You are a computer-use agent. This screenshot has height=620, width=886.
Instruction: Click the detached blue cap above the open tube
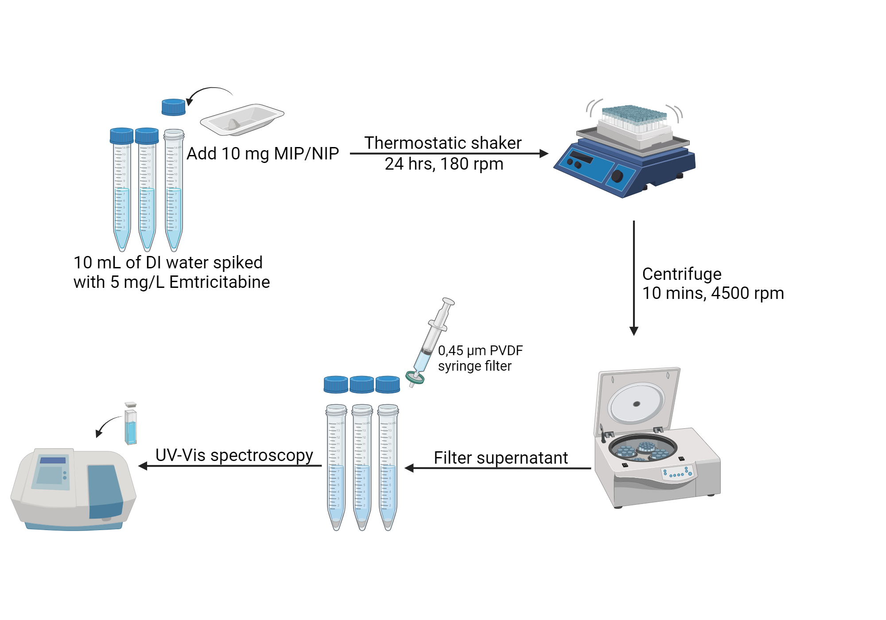pos(173,107)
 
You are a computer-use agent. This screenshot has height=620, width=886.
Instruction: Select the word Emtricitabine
pos(219,282)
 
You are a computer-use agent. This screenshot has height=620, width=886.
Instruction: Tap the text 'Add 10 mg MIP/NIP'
pos(262,154)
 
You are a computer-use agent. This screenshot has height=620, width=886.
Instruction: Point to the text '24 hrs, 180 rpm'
pos(444,164)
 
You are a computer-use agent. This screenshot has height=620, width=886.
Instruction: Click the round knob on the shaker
pos(617,176)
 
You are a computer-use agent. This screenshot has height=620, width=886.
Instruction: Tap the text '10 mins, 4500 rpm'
pos(713,293)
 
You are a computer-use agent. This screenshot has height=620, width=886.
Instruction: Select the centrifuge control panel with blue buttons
pos(678,473)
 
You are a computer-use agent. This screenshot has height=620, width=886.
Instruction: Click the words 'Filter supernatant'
pos(501,458)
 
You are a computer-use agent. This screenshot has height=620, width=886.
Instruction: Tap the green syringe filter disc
pos(415,378)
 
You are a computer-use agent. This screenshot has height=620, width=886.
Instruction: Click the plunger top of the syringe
pos(448,301)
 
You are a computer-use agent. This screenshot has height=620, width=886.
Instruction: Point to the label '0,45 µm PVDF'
pos(480,351)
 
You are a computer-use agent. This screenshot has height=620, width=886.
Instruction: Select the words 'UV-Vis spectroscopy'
pos(234,455)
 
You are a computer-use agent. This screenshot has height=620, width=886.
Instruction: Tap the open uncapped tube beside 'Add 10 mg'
pos(174,190)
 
